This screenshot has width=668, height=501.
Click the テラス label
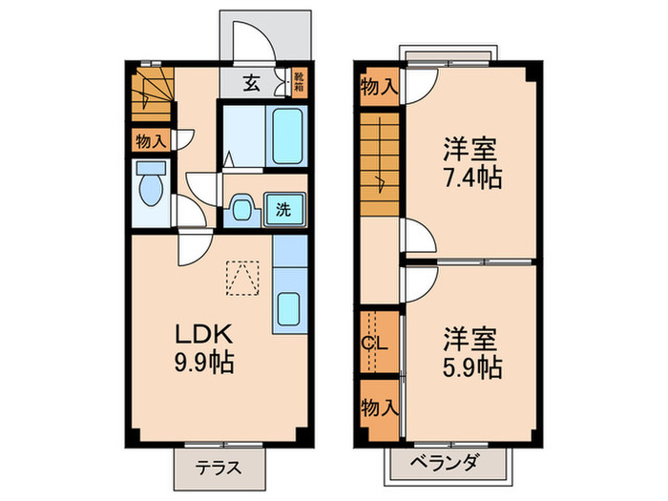click(219, 469)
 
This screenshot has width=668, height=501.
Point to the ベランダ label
click(445, 466)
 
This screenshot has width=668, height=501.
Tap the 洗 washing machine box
click(283, 209)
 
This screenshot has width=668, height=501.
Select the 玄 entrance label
click(250, 83)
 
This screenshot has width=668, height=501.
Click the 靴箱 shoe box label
click(298, 83)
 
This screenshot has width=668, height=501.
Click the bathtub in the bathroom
click(287, 136)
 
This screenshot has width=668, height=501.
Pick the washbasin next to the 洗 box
click(241, 209)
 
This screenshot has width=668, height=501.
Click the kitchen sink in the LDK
click(288, 309)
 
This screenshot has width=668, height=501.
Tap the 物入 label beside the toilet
click(150, 141)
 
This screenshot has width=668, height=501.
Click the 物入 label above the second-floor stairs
click(379, 88)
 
